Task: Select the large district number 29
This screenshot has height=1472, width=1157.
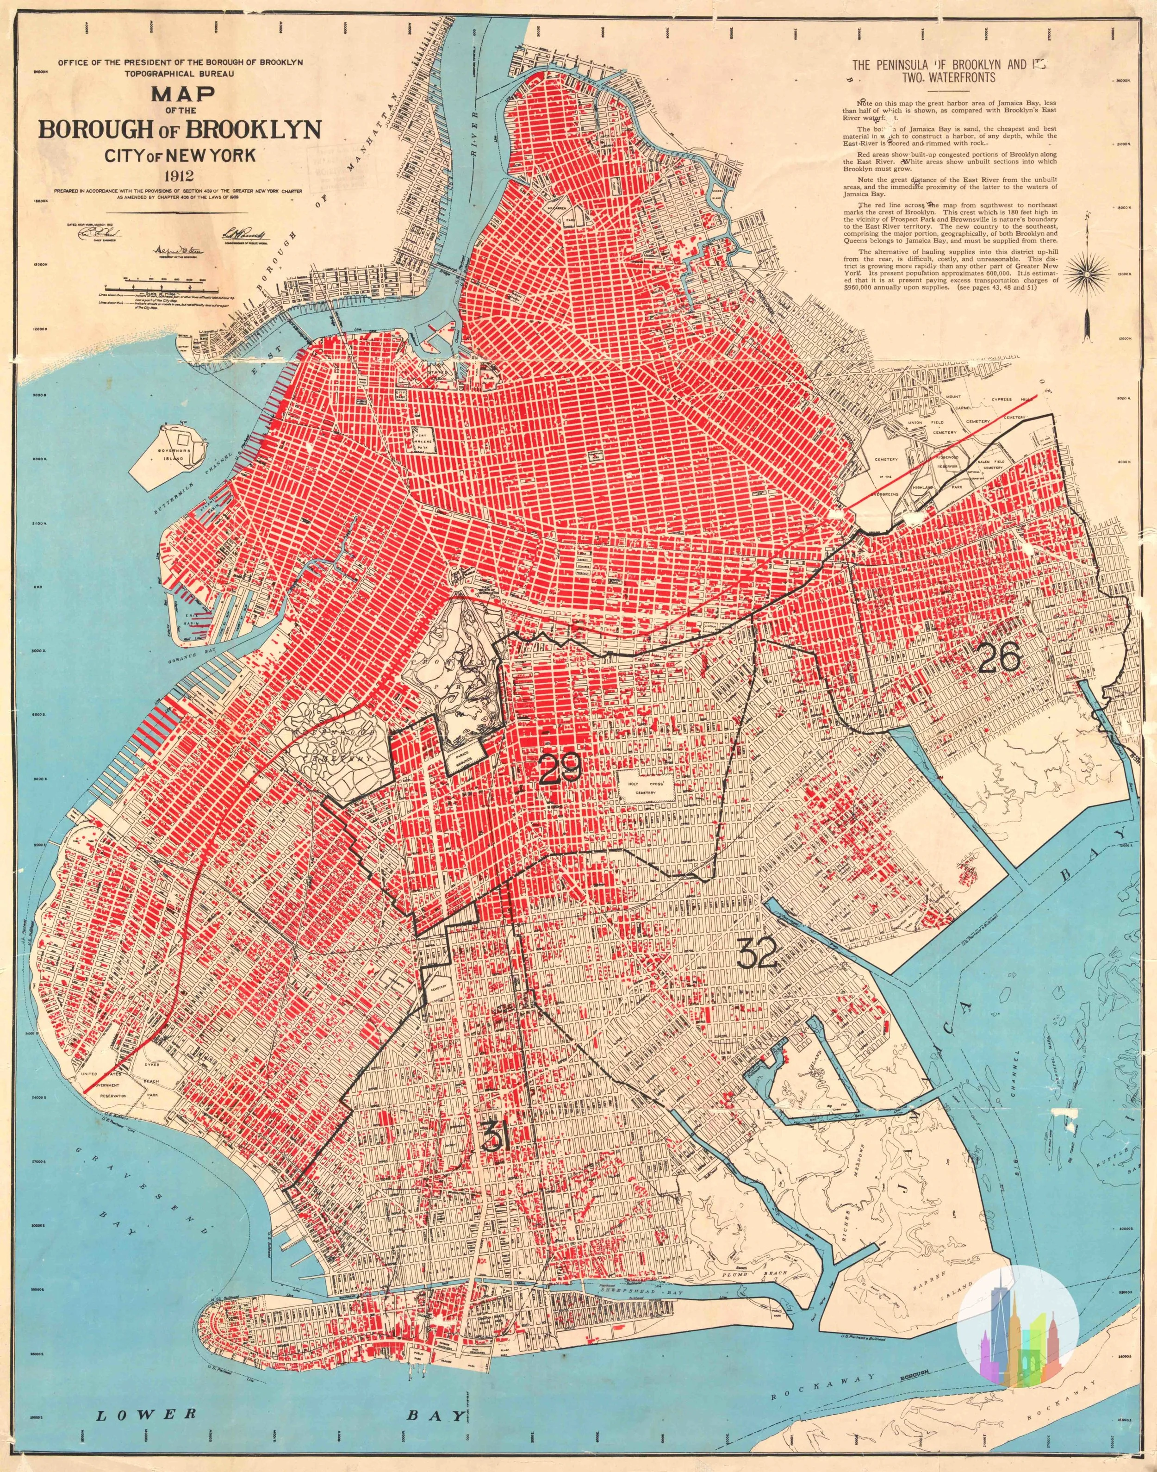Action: [x=560, y=769]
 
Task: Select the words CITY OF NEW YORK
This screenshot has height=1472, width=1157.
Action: [x=180, y=156]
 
